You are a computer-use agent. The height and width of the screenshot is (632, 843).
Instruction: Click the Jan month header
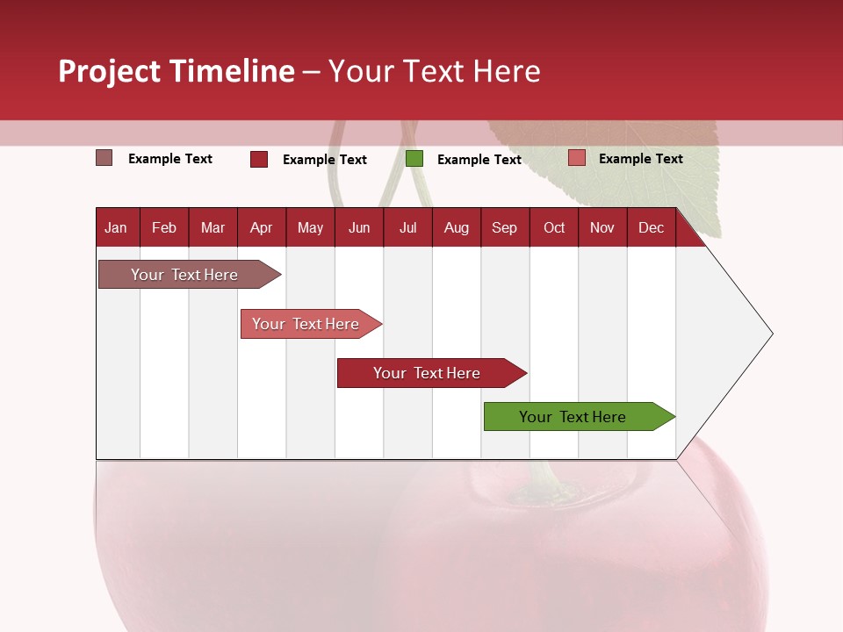point(116,228)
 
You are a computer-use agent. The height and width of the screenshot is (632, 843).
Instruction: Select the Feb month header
point(164,228)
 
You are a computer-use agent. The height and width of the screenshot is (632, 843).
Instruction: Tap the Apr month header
point(261,228)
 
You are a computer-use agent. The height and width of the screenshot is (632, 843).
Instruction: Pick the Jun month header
point(359,228)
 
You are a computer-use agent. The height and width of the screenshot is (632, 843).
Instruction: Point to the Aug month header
point(456,228)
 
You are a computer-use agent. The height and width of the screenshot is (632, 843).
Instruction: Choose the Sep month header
point(504,228)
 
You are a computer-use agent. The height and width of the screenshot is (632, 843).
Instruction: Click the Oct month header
point(554,228)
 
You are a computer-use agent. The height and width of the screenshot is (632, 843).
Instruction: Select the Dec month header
point(651,228)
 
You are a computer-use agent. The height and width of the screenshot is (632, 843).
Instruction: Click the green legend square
point(414,159)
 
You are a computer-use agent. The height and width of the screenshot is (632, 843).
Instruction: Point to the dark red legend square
point(259,159)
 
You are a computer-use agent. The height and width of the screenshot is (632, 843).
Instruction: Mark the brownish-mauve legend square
point(104,158)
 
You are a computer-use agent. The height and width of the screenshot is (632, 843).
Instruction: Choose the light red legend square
point(576,158)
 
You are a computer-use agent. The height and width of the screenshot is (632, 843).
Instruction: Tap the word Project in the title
point(110,71)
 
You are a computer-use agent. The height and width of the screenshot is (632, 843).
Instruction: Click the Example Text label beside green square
point(479,160)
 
